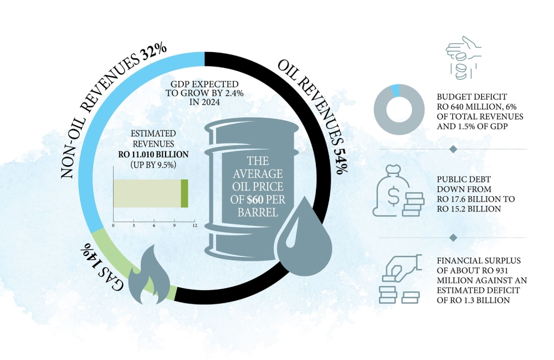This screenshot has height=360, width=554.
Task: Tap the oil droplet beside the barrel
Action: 304,240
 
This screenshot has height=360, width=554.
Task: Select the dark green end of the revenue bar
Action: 184,194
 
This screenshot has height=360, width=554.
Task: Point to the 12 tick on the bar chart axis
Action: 194,225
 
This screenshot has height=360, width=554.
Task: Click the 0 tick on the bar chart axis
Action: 113,225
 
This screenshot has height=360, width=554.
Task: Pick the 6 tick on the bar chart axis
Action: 154,225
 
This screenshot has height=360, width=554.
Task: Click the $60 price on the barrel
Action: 255,199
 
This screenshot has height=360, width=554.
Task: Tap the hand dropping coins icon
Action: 463,57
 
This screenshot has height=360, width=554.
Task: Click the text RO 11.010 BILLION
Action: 153,155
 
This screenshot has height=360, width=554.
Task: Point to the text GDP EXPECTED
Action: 204,84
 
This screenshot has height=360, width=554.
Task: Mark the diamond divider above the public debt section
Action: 453,149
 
